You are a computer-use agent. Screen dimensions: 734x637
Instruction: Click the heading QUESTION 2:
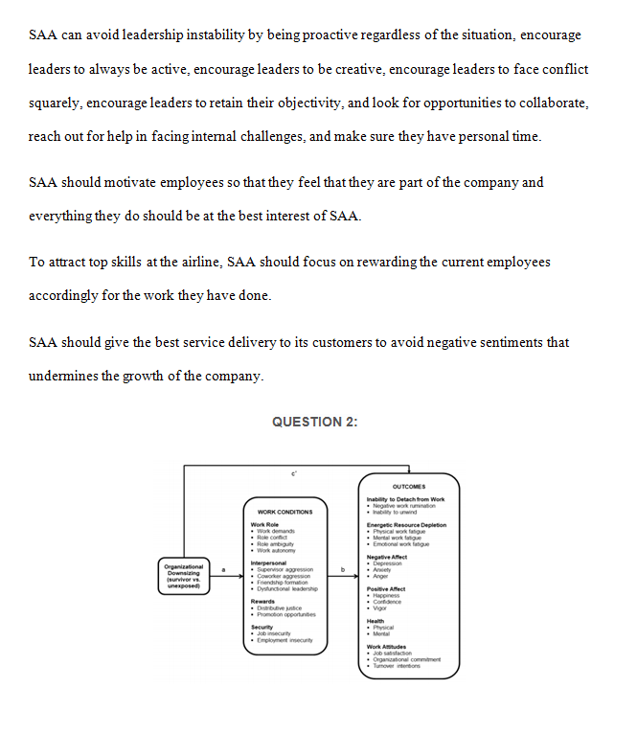click(314, 422)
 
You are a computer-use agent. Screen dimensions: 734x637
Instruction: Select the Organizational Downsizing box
click(183, 574)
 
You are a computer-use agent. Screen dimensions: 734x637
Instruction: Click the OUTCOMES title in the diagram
click(409, 487)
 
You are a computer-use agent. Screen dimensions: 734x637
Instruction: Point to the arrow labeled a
click(226, 575)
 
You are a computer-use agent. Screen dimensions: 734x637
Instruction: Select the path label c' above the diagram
click(294, 473)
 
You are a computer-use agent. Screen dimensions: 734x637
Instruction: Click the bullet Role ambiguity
click(278, 544)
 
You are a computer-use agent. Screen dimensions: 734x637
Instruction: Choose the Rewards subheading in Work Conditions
click(262, 601)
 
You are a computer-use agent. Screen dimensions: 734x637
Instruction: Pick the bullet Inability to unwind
click(395, 512)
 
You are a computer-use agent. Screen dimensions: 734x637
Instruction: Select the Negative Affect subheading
click(387, 557)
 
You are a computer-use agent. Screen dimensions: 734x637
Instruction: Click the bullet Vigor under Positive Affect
click(380, 608)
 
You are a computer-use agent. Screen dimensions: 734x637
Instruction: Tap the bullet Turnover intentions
click(400, 665)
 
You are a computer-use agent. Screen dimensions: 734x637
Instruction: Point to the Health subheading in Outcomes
click(375, 621)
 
